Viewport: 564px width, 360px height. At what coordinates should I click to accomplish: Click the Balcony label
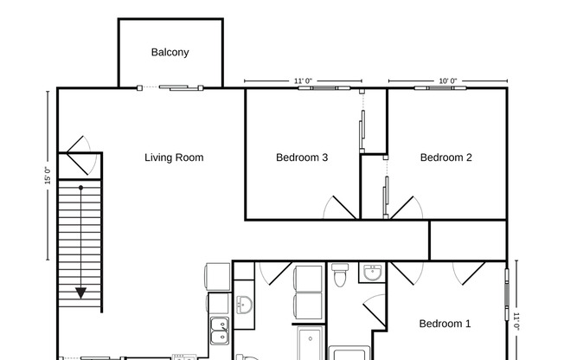click(x=170, y=52)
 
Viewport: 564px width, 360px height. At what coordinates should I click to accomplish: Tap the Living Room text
click(x=174, y=157)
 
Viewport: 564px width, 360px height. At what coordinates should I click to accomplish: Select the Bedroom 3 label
click(x=302, y=157)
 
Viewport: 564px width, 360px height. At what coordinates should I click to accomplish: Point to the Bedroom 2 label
click(x=445, y=157)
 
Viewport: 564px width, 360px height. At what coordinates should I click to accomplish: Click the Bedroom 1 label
click(x=445, y=324)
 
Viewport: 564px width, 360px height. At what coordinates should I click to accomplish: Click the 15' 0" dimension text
click(x=48, y=176)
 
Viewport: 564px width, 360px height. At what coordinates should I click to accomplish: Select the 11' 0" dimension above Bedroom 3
click(x=303, y=80)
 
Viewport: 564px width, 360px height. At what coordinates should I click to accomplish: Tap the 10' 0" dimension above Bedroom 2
click(x=447, y=80)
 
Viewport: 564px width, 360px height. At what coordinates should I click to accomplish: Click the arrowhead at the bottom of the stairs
click(x=80, y=293)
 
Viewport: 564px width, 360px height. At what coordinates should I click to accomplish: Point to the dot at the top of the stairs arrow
click(x=80, y=187)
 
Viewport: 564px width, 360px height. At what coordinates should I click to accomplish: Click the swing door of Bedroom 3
click(x=341, y=206)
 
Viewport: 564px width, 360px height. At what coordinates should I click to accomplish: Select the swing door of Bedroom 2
click(x=406, y=206)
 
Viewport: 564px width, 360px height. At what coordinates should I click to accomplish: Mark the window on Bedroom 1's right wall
click(x=508, y=289)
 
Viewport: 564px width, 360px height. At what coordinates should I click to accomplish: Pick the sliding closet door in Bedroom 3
click(x=362, y=130)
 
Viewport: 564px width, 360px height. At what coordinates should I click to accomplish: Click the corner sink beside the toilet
click(x=373, y=273)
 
